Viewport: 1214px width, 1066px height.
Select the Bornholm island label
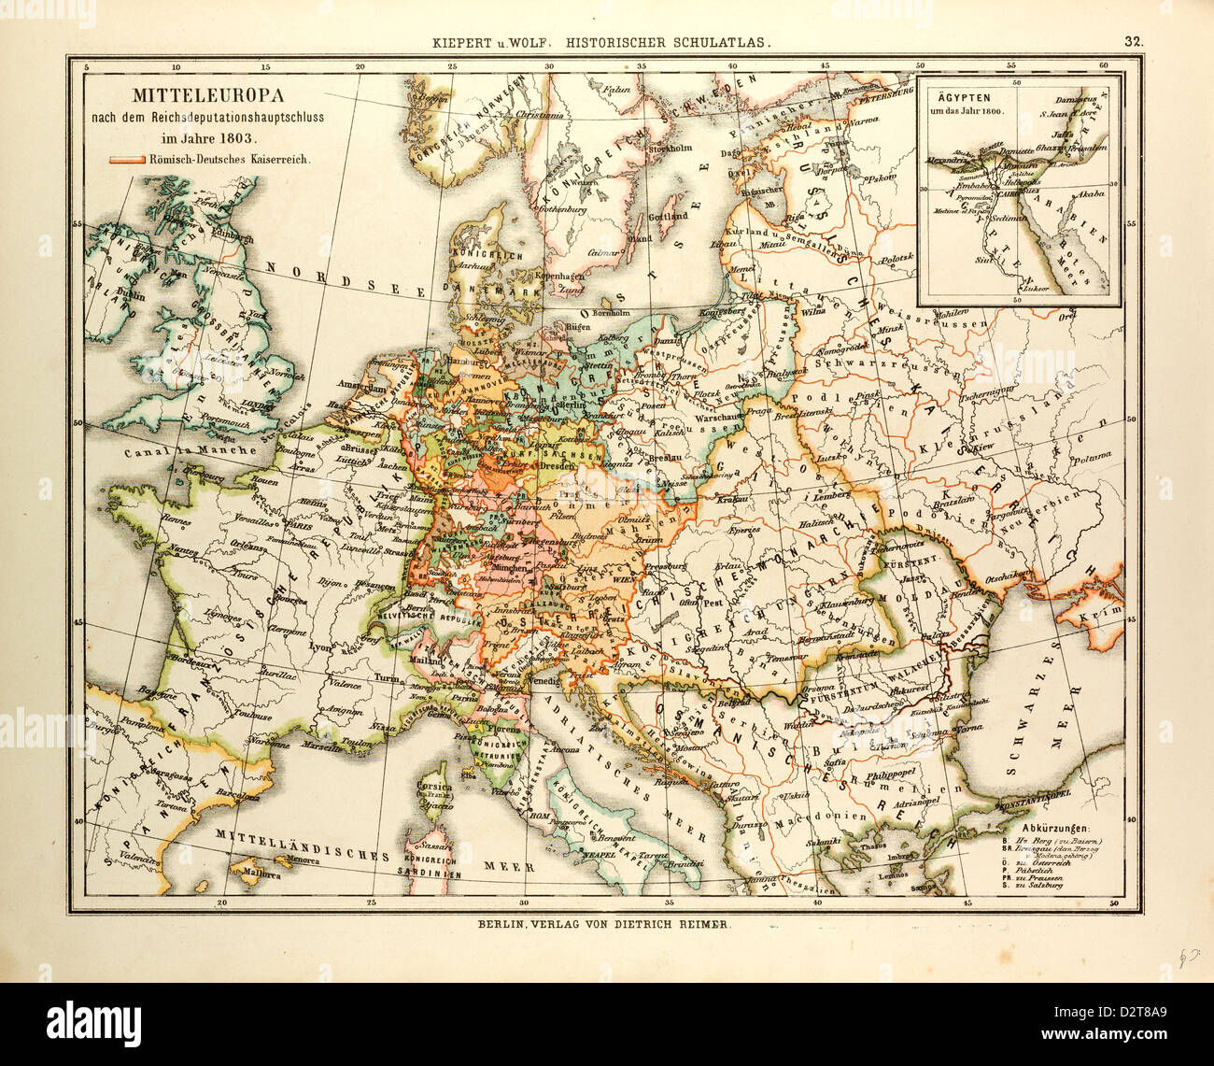click(613, 312)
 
